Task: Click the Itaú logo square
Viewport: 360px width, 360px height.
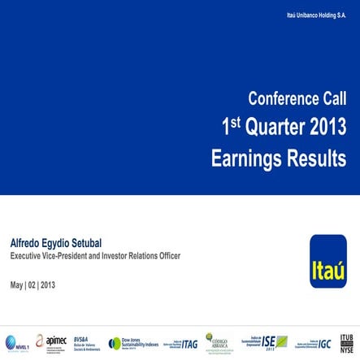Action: pos(327,261)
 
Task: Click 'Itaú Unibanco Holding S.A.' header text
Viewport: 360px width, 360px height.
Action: pos(317,15)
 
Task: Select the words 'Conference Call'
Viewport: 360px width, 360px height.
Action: pos(297,99)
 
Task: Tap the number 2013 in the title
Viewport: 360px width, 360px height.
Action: pos(323,128)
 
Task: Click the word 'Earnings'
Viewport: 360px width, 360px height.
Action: pos(245,158)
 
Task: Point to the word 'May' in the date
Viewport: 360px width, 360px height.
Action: pos(17,284)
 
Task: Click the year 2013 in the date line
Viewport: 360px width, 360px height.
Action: pos(48,284)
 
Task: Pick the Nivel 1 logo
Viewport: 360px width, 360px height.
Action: pos(16,342)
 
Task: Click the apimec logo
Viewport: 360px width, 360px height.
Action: pos(50,342)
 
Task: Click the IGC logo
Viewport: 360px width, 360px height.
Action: pos(313,343)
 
